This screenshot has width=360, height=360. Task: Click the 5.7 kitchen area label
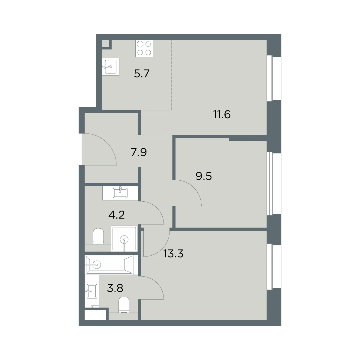coord(142,73)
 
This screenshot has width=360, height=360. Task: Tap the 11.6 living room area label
coord(222,114)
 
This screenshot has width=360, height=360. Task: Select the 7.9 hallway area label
coord(139,152)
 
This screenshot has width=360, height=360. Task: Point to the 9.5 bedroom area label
coord(204,176)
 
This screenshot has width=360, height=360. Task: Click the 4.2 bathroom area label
coord(116,215)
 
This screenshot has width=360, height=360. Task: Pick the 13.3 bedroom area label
coord(173,253)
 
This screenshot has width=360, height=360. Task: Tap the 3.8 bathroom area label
coord(115,288)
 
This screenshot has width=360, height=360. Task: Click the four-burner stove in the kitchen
coord(144,48)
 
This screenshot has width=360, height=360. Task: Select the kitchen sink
coord(111,67)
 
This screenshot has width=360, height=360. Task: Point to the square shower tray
coord(124,238)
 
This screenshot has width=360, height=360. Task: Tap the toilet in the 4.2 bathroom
coord(98,236)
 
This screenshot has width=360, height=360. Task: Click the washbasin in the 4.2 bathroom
coord(120,193)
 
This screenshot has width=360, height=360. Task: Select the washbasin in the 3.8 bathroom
coord(91,291)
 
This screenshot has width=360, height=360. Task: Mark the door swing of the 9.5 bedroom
coord(193,188)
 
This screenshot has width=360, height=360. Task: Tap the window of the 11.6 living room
coord(274,78)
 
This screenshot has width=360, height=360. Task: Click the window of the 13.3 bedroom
coord(274,267)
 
